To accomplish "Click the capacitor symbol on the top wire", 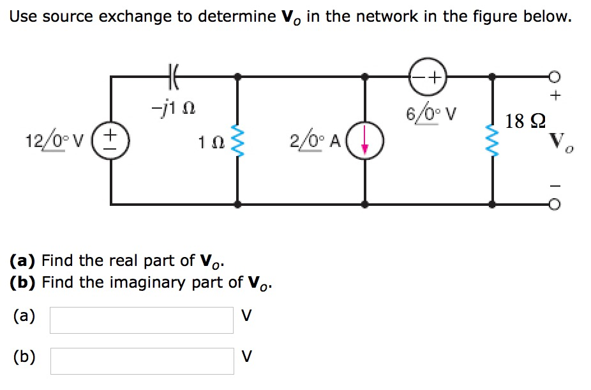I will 173,76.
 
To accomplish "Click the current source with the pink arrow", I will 365,141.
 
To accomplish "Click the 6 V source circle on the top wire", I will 427,76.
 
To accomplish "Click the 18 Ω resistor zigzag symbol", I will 491,141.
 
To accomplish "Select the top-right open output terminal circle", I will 555,76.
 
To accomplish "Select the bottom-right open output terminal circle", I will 555,205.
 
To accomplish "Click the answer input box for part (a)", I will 141,320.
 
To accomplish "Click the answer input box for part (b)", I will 141,361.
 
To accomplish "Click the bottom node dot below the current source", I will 364,205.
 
